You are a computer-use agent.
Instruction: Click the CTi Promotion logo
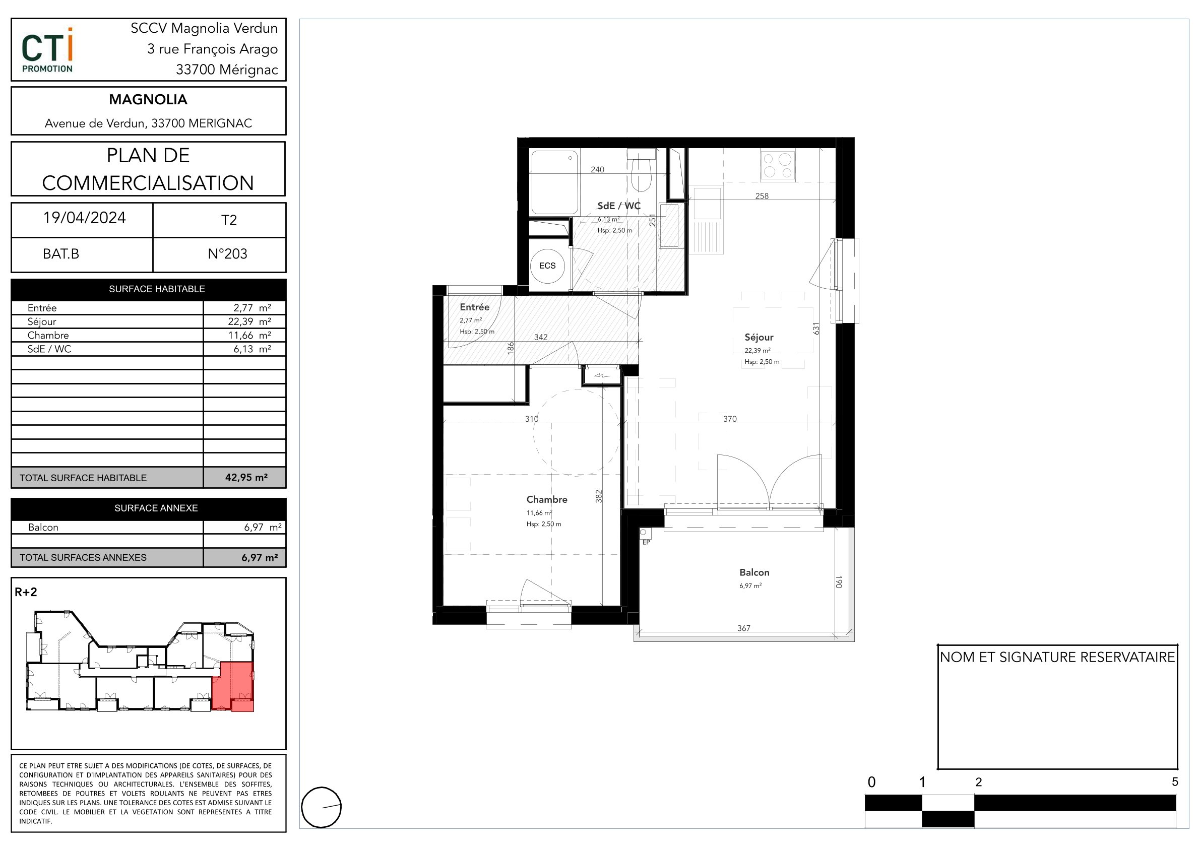tap(47, 50)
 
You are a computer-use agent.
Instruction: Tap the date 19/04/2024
tap(84, 218)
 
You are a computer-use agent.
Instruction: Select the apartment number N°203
tap(227, 254)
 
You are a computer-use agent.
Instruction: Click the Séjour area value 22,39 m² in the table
tap(249, 321)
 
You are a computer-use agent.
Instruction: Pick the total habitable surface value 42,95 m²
tap(246, 478)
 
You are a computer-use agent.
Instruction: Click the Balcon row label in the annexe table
tap(43, 527)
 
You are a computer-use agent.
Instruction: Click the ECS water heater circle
tap(547, 266)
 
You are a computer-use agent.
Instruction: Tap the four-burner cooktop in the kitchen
tap(778, 165)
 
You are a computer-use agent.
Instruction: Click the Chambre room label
tap(547, 499)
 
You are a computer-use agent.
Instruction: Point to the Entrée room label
tap(475, 307)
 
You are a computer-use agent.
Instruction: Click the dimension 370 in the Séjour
tap(730, 419)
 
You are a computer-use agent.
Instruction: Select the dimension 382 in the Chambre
tap(599, 496)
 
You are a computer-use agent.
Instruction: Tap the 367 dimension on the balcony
tap(744, 628)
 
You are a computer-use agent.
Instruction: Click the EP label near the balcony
tap(646, 542)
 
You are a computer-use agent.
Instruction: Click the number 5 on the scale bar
tap(1175, 782)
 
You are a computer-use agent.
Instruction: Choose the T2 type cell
tap(229, 220)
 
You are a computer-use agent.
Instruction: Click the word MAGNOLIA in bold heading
tap(148, 99)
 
